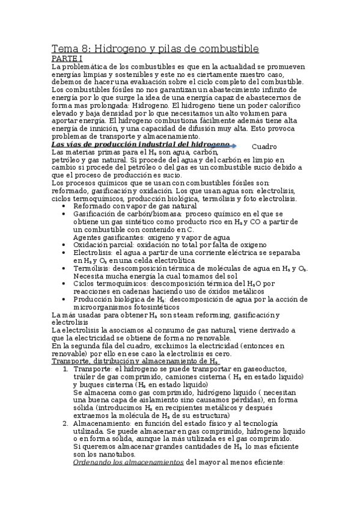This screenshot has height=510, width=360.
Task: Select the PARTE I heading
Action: (x=67, y=58)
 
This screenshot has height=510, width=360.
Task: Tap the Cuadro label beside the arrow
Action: (x=264, y=147)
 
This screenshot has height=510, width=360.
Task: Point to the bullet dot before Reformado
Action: (x=65, y=206)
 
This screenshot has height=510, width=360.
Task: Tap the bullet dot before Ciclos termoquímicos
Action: (x=65, y=284)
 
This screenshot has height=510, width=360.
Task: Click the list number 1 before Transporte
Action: (x=65, y=369)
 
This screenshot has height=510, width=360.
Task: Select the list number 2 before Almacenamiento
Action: (x=65, y=423)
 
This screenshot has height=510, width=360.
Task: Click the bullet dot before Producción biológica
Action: (x=65, y=300)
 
